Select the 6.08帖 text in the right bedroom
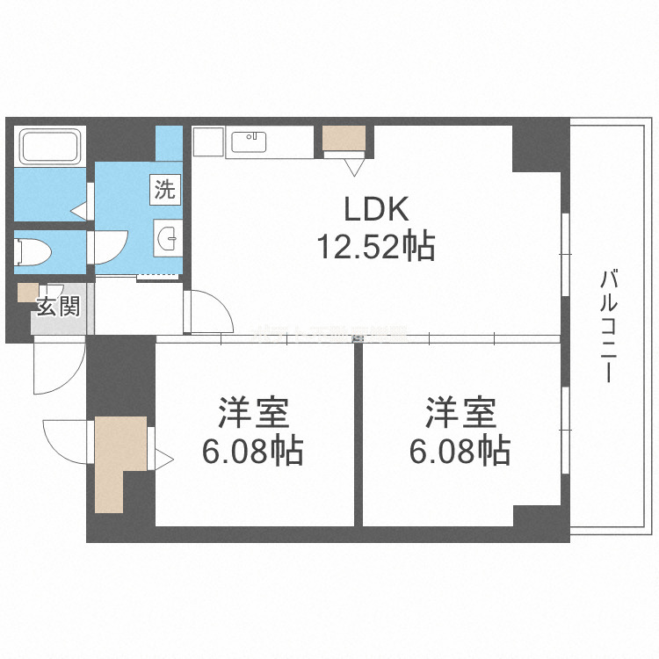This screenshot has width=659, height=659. (x=460, y=452)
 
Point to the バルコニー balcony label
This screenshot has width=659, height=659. (x=607, y=325)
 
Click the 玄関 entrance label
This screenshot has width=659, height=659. (x=58, y=307)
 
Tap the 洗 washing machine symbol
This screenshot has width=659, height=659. (x=165, y=189)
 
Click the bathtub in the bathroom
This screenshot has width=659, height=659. (x=50, y=146)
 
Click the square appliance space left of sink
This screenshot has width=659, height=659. (x=207, y=141)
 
